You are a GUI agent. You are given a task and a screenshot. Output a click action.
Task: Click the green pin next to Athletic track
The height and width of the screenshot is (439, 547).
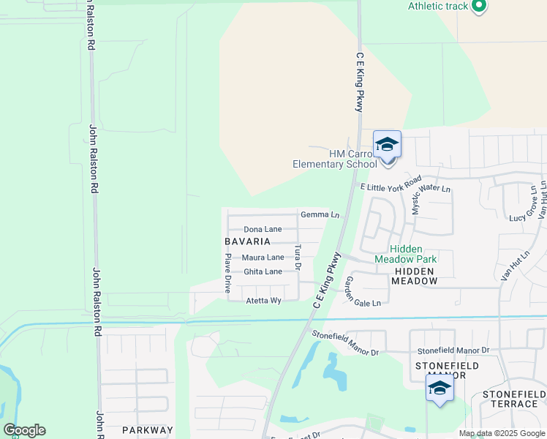pos(479,7)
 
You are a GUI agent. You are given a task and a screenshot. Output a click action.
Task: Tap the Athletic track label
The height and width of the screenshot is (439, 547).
pos(437,7)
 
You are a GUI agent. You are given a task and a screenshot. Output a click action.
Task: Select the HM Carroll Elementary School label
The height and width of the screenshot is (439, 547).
pos(334,159)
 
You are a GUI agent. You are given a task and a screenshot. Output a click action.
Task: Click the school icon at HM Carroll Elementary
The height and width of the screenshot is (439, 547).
pos(387,145)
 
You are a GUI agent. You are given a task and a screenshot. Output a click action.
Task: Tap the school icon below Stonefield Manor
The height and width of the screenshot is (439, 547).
pos(440,388)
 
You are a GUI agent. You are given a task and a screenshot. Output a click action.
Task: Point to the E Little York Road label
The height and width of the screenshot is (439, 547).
pos(391,183)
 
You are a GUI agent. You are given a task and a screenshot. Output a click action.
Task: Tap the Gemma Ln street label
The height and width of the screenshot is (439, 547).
pos(320,215)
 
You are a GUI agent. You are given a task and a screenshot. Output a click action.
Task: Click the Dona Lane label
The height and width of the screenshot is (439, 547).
pos(263,230)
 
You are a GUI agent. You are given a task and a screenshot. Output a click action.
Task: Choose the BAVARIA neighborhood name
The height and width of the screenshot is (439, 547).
pos(248,241)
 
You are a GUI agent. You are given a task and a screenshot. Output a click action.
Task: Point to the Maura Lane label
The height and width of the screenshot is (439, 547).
pos(263,258)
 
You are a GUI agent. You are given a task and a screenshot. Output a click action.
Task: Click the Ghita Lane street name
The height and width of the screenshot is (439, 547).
pos(263,272)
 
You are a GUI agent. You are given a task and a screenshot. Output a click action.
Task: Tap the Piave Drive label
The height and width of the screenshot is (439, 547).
pos(228,269)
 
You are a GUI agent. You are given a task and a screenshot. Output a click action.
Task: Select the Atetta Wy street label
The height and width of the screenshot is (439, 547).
pos(263,301)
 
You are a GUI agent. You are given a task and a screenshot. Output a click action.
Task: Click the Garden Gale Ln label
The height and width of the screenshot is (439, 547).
pos(363,293)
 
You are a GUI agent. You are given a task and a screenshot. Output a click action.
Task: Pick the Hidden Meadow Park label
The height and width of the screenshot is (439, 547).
pos(406,253)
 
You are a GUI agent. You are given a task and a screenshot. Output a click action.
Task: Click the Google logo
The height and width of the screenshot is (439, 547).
pos(24,430)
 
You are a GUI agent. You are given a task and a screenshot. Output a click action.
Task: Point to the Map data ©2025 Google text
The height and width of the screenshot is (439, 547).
pos(502,434)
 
